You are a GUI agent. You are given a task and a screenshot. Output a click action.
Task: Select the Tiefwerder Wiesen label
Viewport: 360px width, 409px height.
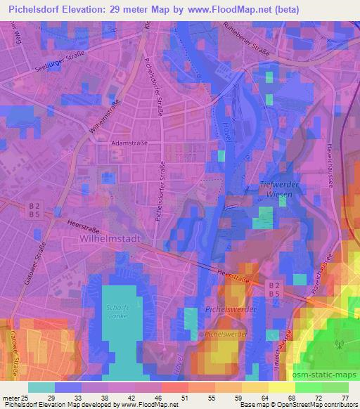[264, 190]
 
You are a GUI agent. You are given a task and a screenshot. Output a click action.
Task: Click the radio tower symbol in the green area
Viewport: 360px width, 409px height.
[337, 345]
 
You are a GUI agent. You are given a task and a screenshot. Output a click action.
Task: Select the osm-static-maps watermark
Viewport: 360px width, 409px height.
[326, 374]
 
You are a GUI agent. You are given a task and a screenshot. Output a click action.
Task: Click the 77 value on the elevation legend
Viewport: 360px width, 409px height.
[345, 398]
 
